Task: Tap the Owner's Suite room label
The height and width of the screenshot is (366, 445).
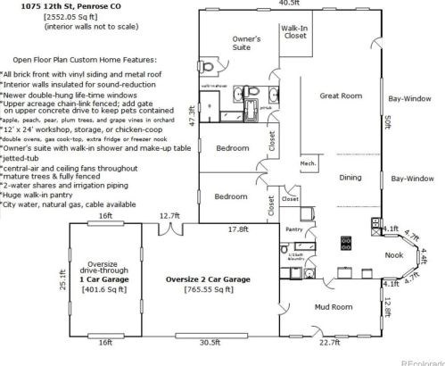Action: tap(246, 45)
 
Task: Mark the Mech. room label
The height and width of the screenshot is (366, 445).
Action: tap(309, 163)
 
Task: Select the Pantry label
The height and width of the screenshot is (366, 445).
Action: tap(295, 229)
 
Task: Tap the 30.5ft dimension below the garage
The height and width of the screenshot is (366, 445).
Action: tap(210, 342)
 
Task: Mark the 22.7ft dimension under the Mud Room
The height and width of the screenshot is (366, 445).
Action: tap(330, 342)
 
